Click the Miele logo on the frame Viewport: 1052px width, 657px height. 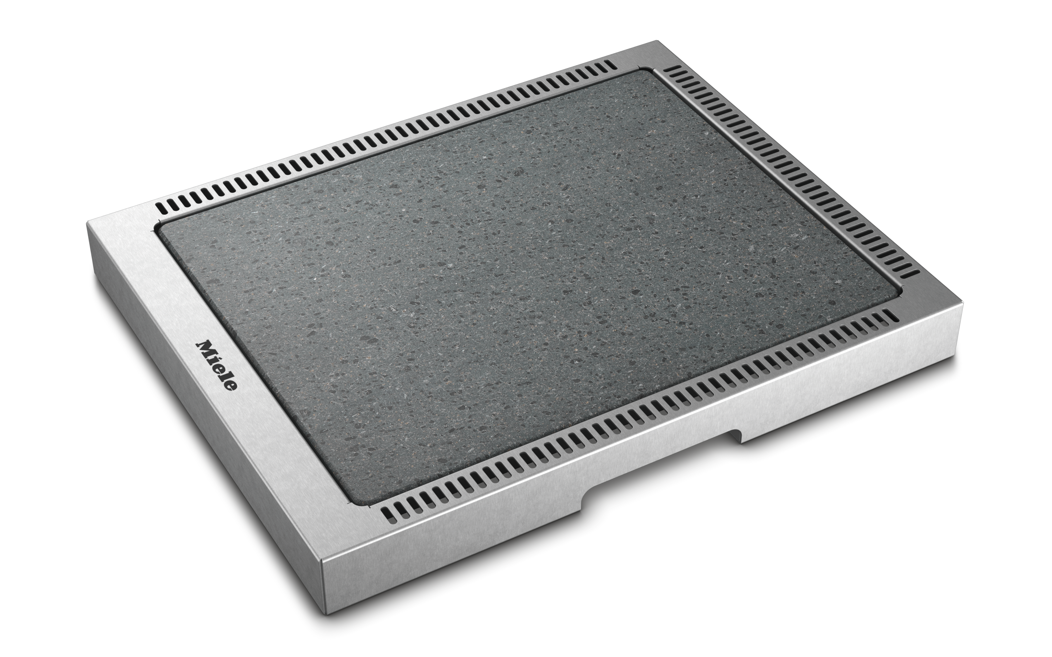coord(217,365)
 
